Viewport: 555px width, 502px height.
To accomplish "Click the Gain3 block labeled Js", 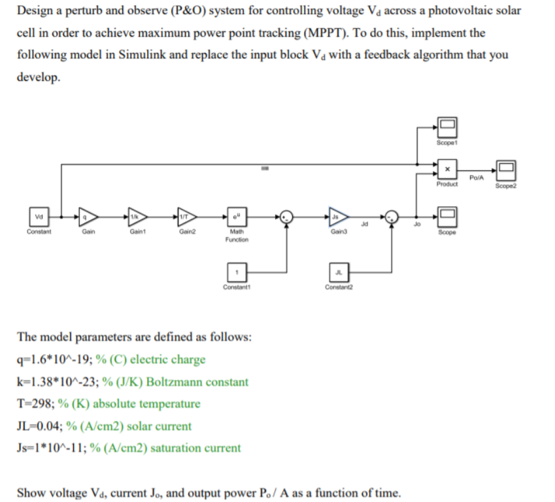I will pyautogui.click(x=338, y=217).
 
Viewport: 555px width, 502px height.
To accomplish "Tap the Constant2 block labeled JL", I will pyautogui.click(x=338, y=270).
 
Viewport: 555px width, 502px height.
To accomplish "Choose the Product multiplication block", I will pyautogui.click(x=447, y=170).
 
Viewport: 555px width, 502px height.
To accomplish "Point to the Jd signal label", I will pyautogui.click(x=363, y=223).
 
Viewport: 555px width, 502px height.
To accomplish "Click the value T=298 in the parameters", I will pyautogui.click(x=40, y=403).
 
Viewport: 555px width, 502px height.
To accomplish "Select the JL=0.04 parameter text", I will pyautogui.click(x=41, y=426).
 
